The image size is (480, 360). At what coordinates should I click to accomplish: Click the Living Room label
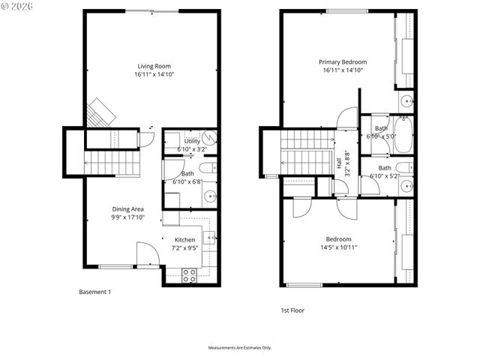pyautogui.click(x=154, y=66)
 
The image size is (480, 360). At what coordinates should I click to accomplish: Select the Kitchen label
pyautogui.click(x=184, y=240)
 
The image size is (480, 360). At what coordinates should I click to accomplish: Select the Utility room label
pyautogui.click(x=192, y=141)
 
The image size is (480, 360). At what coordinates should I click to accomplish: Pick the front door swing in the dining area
pyautogui.click(x=147, y=255)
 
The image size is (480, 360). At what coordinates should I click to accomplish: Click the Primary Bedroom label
pyautogui.click(x=343, y=62)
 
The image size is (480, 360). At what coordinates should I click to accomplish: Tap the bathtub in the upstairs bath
pyautogui.click(x=403, y=134)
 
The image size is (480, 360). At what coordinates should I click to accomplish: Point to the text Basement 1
pyautogui.click(x=95, y=292)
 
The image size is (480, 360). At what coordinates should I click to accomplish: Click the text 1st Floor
pyautogui.click(x=292, y=310)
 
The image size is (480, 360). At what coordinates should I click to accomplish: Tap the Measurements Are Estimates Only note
pyautogui.click(x=240, y=348)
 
